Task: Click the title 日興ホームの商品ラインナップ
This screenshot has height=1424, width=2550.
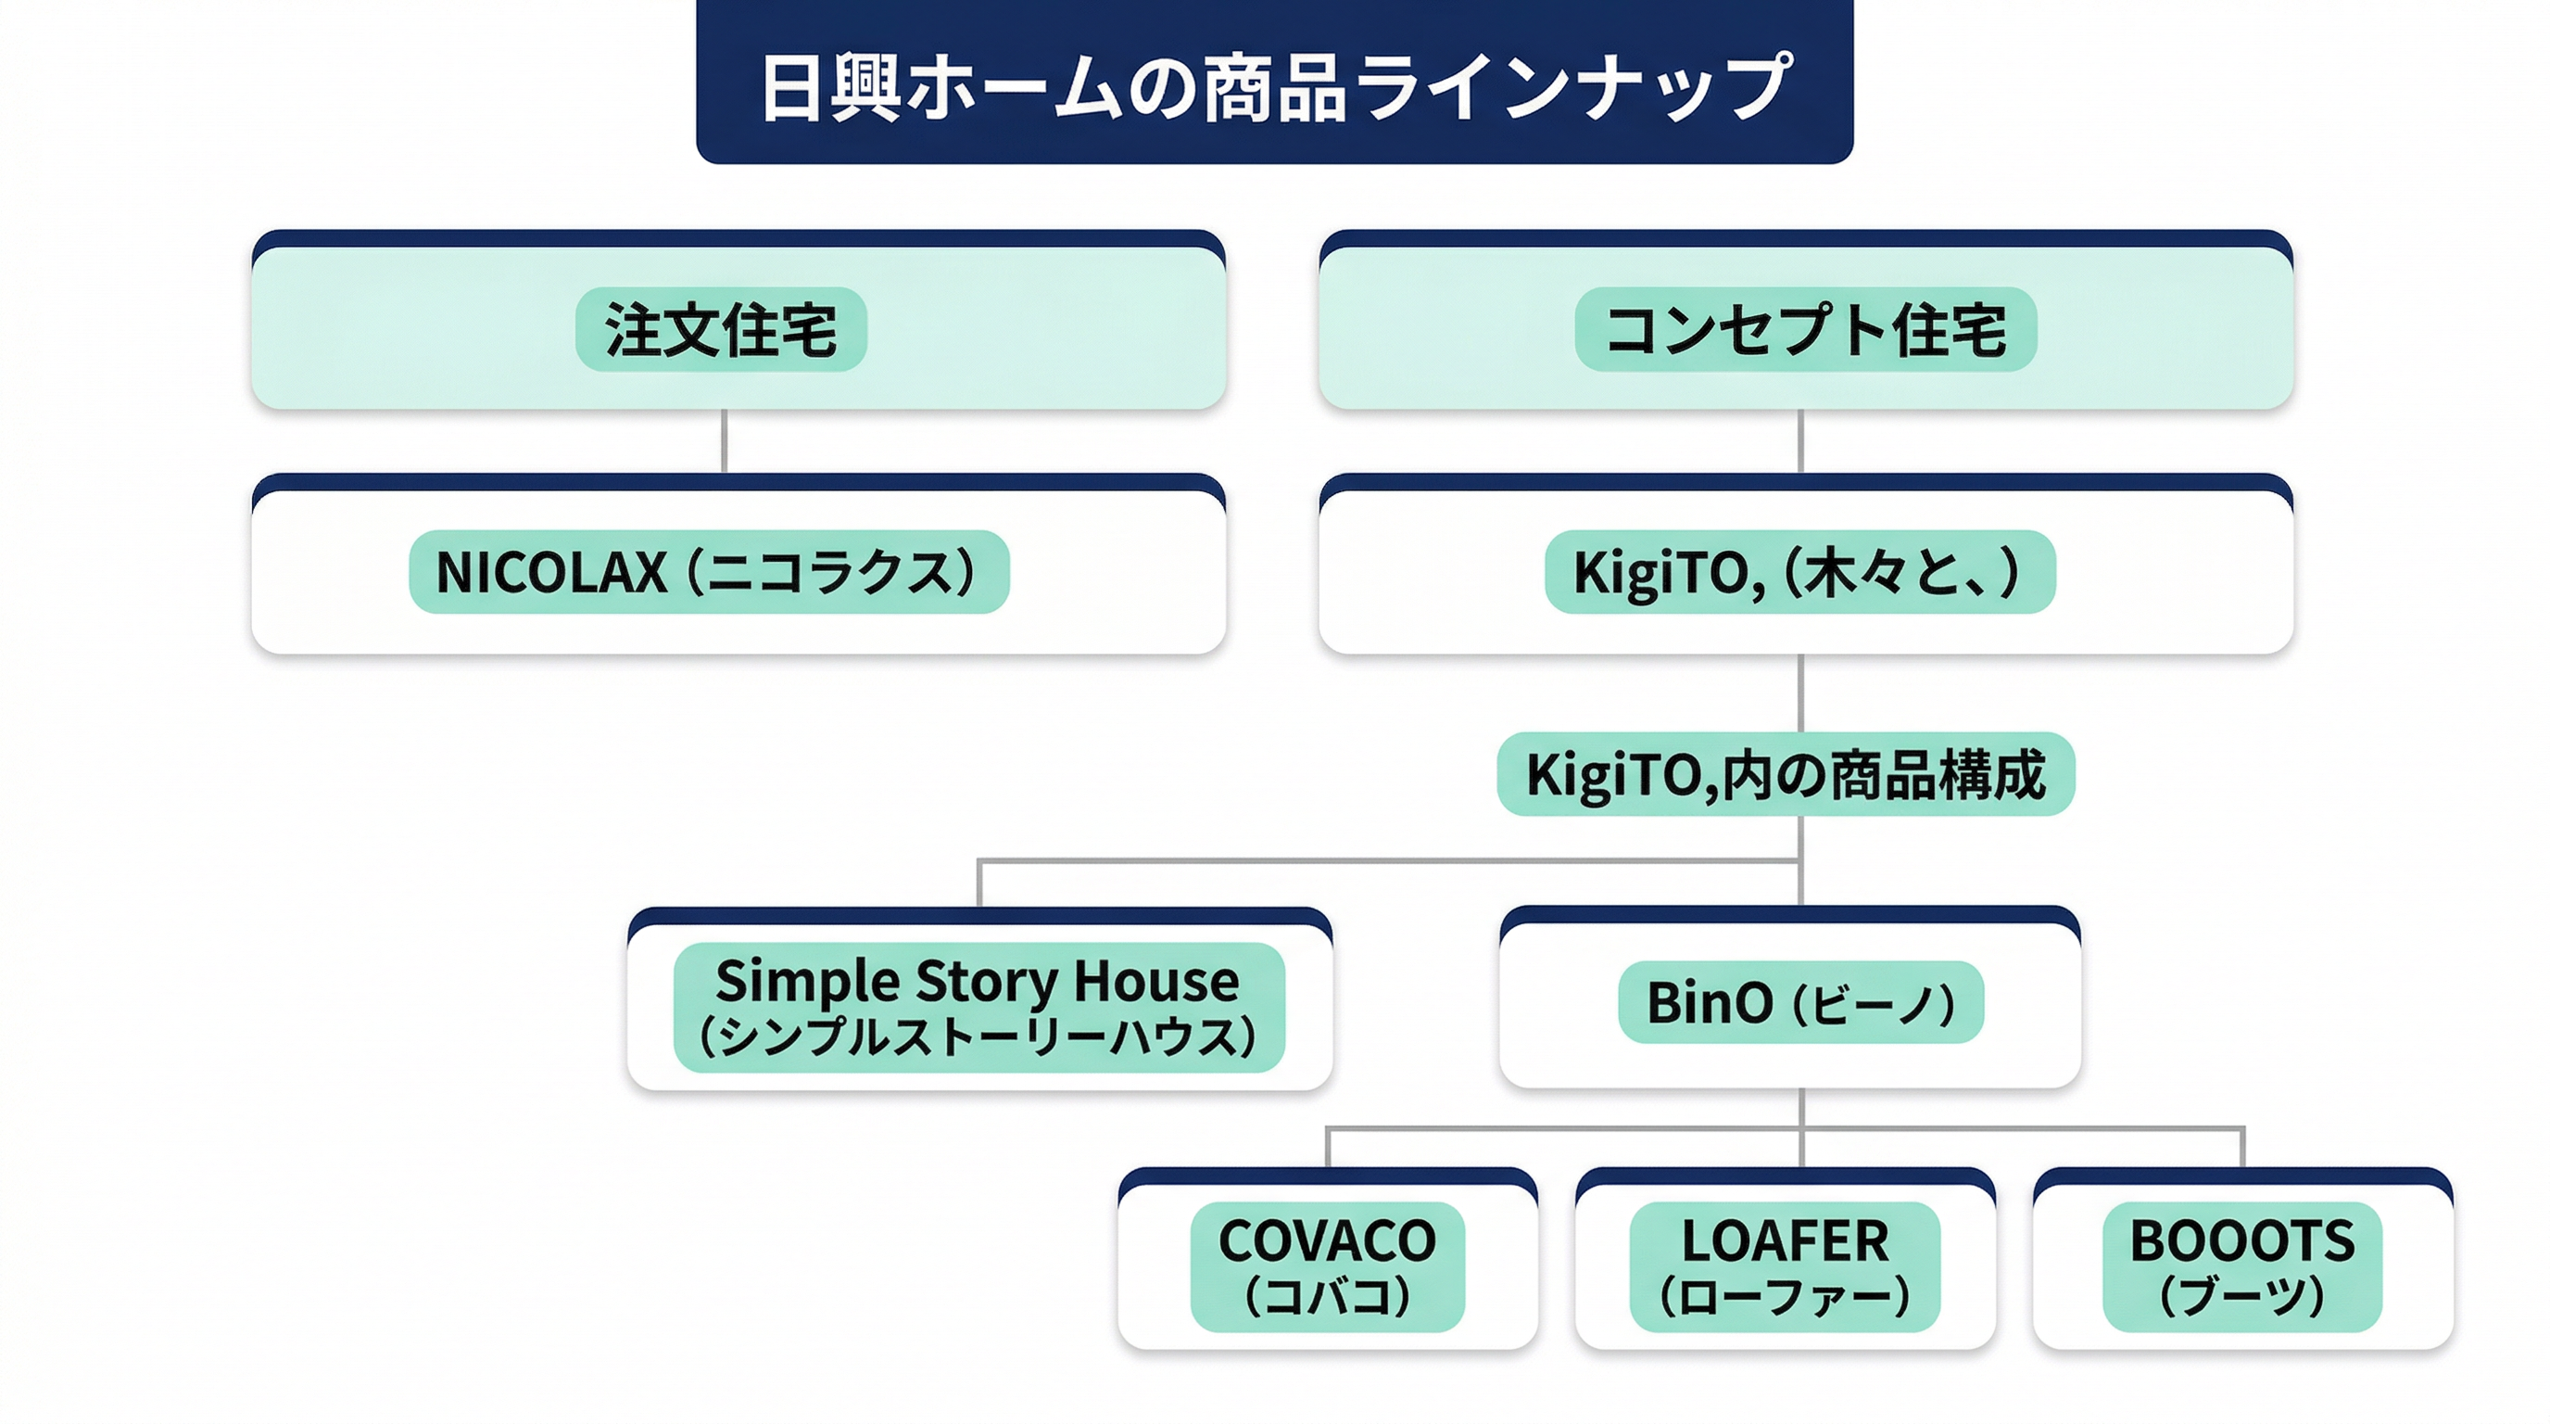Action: point(1275,87)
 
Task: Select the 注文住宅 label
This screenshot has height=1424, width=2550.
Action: point(721,330)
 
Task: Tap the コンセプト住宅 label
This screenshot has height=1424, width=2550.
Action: point(1806,330)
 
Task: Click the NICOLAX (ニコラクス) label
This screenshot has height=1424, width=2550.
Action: point(708,572)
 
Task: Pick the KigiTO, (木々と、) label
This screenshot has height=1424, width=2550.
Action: point(1799,572)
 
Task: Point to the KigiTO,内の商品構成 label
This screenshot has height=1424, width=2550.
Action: point(1785,774)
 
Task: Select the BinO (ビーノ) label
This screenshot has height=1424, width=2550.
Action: point(1799,1002)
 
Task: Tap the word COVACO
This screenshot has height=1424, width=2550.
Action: point(1327,1240)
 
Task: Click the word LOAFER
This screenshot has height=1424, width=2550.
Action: point(1785,1240)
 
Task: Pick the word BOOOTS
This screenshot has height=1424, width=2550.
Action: point(2242,1240)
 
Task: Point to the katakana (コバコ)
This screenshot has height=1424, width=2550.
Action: point(1327,1296)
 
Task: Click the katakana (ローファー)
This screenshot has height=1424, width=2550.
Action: point(1785,1296)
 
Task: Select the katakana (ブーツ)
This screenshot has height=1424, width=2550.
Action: point(2242,1296)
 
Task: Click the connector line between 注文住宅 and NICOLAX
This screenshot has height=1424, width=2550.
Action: point(725,440)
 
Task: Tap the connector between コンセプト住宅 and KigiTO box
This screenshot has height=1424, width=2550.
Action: point(1799,440)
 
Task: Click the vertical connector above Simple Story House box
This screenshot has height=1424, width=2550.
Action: point(979,884)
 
